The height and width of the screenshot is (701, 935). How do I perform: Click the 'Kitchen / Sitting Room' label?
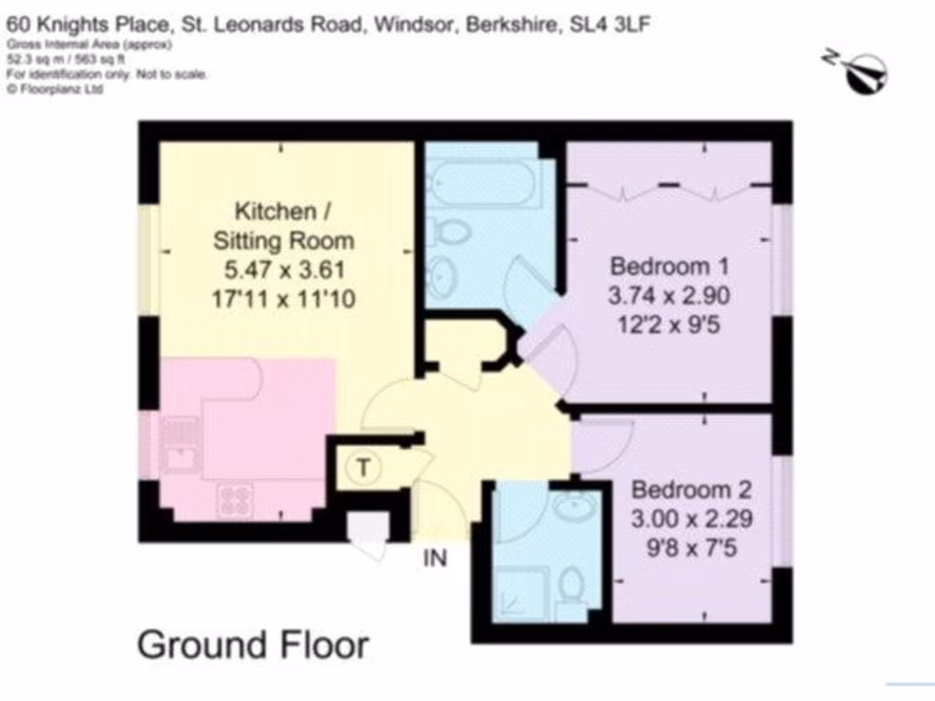283,226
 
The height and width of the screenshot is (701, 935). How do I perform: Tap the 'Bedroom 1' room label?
670,267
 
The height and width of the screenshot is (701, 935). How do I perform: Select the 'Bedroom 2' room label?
692,489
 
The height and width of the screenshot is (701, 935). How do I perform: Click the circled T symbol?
363,469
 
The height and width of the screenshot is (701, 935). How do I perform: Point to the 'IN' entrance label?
436,557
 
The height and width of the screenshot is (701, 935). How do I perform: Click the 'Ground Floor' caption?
253,644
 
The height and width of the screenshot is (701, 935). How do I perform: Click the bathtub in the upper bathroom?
483,183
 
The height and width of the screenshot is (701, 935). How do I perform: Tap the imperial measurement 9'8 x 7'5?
691,549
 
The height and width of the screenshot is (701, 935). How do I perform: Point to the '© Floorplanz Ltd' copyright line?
54,89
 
